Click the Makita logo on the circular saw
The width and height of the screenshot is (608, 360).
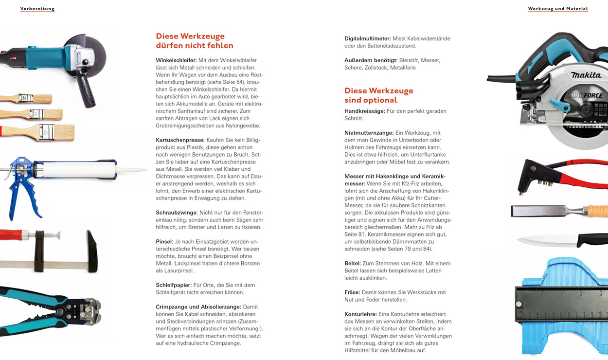(586, 75)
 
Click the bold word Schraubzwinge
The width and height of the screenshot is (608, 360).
(176, 213)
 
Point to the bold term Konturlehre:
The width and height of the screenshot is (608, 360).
(360, 314)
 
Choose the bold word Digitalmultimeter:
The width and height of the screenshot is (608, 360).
(367, 38)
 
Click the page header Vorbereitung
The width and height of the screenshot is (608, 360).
(37, 9)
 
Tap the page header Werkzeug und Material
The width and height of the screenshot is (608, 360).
(558, 9)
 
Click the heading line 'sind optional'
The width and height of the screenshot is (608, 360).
(371, 100)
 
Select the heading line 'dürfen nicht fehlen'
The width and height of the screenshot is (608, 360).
(194, 46)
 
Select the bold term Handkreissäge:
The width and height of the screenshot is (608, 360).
(364, 111)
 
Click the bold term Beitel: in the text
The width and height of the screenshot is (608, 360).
(352, 263)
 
